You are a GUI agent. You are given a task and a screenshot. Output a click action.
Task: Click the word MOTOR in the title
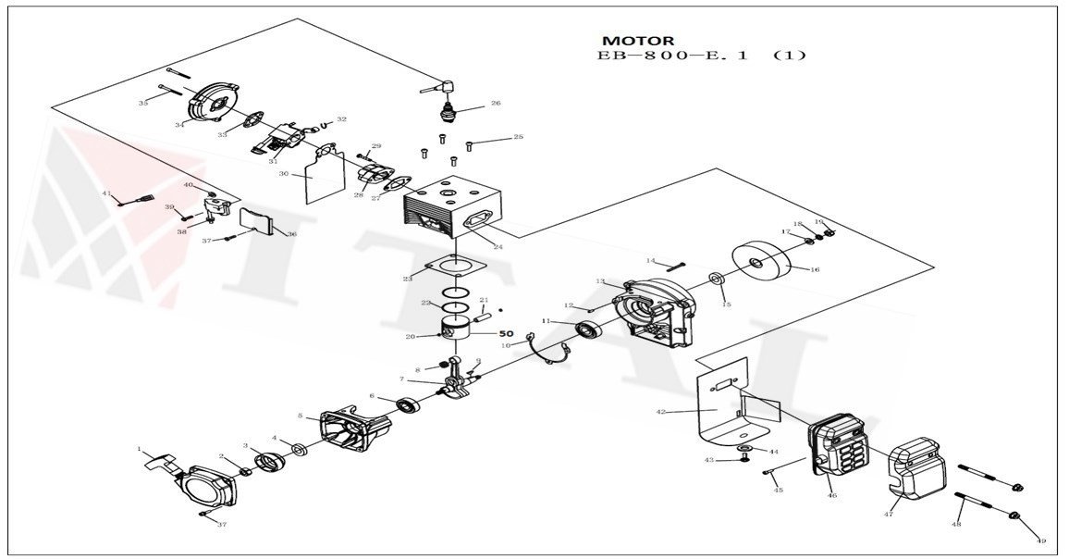pyautogui.click(x=637, y=41)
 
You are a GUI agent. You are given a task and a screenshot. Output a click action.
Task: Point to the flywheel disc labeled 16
pyautogui.click(x=764, y=264)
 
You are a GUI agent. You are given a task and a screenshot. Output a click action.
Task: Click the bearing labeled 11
pyautogui.click(x=586, y=329)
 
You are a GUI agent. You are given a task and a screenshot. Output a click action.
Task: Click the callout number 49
pyautogui.click(x=1040, y=540)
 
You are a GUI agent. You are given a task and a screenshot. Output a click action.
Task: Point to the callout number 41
pyautogui.click(x=106, y=193)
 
